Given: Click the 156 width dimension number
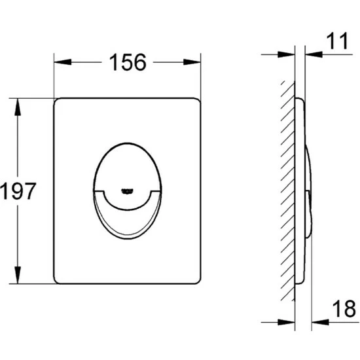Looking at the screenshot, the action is (x=128, y=62).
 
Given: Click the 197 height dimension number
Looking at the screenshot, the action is (x=18, y=190).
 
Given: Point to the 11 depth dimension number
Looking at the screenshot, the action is (x=337, y=41).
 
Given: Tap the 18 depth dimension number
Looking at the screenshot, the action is (x=344, y=309).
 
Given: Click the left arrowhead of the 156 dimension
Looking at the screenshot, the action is (x=62, y=62).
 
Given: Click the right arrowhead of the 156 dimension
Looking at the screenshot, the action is (x=192, y=62).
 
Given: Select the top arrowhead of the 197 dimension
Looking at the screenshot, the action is (x=18, y=107).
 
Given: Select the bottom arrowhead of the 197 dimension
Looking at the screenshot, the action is (x=18, y=275).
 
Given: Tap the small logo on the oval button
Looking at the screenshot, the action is (x=127, y=191).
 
